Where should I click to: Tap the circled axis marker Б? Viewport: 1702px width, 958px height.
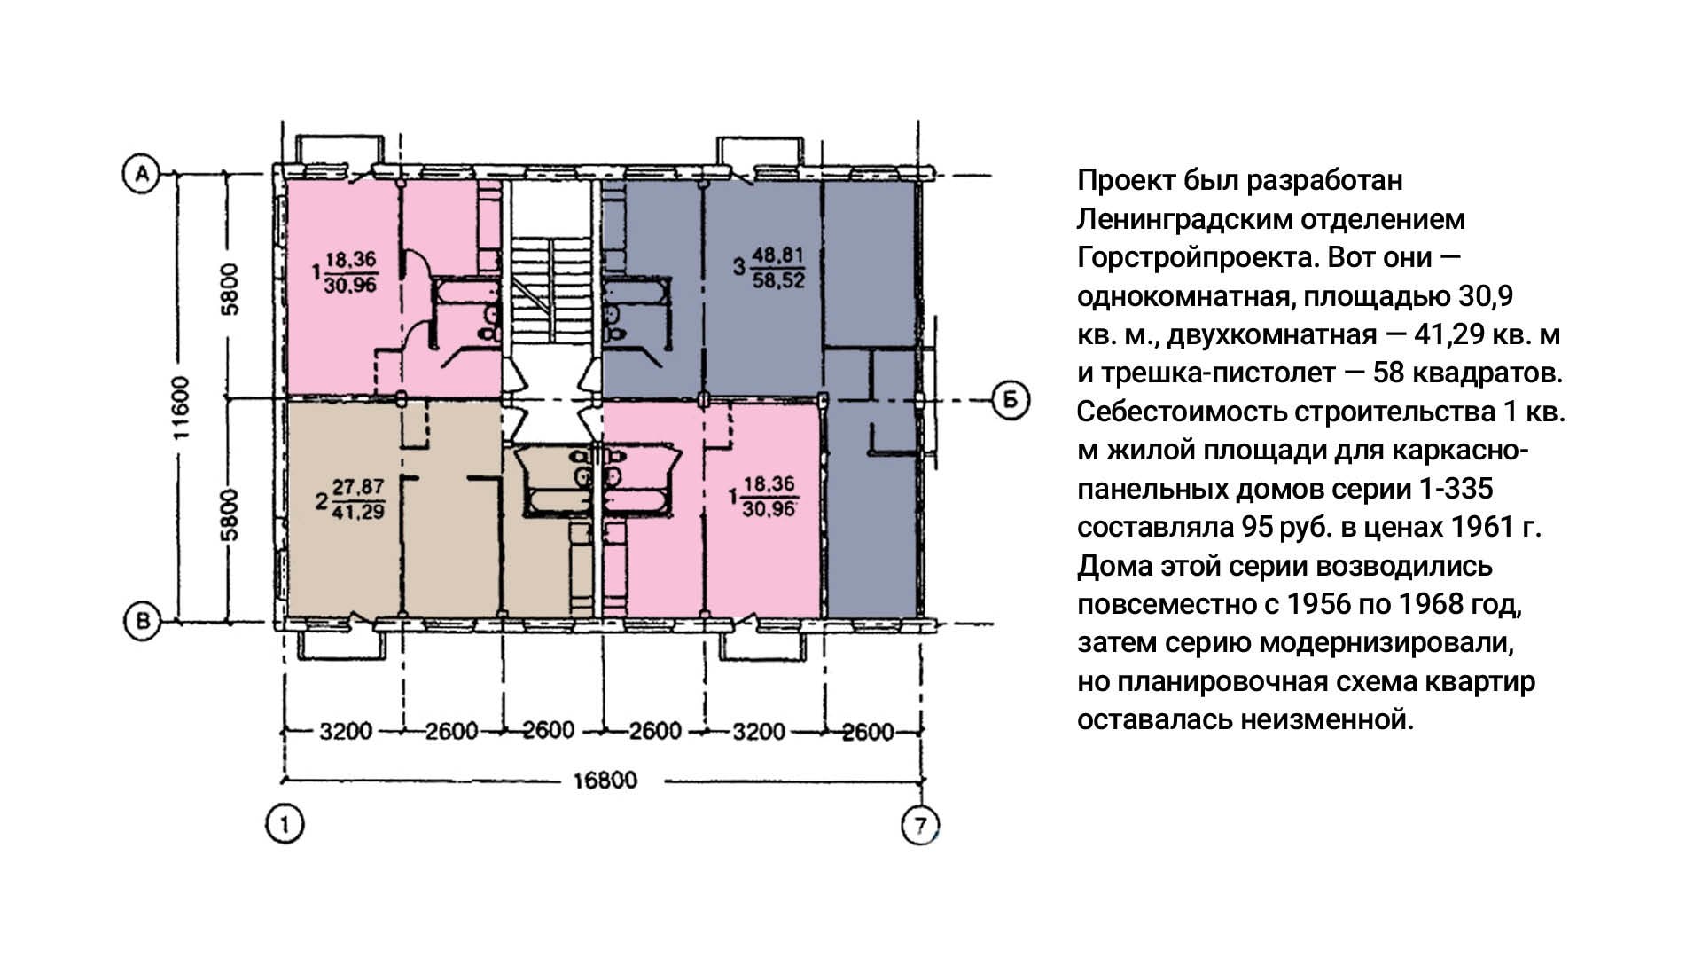pyautogui.click(x=1009, y=400)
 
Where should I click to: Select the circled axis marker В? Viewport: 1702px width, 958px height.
pyautogui.click(x=141, y=622)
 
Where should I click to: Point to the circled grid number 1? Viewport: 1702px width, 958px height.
pyautogui.click(x=285, y=825)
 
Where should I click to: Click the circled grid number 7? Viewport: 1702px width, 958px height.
pyautogui.click(x=920, y=826)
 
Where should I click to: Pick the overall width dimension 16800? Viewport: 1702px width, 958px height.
pyautogui.click(x=605, y=781)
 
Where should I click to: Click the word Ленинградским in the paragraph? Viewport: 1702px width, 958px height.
pyautogui.click(x=1183, y=219)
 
